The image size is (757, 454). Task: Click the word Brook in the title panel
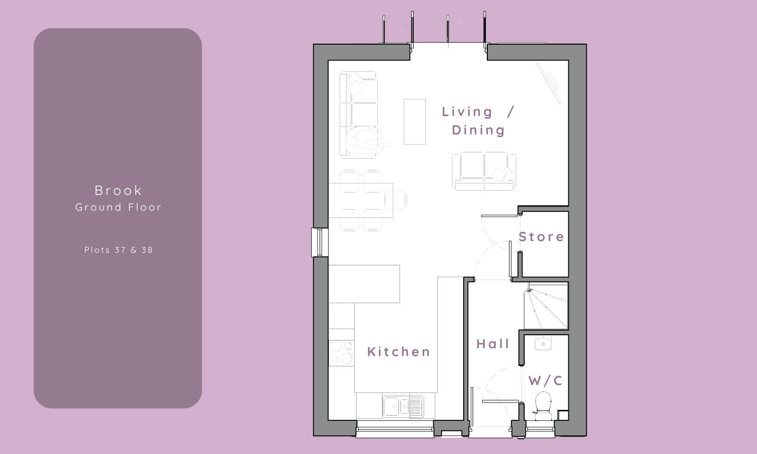pos(118,191)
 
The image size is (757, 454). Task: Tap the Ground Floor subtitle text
pos(118,207)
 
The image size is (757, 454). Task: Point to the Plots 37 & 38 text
pos(118,250)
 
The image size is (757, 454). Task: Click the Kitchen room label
pos(399,352)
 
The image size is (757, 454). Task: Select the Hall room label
pos(493,344)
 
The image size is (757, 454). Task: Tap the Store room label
pos(541,237)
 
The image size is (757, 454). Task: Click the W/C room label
pos(546,380)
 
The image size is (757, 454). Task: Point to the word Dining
pos(478,130)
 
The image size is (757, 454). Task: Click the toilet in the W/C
pos(543,405)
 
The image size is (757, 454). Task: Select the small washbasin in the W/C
pos(543,343)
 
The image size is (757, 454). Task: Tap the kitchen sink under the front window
pos(403,406)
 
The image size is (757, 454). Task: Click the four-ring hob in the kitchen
pos(341,353)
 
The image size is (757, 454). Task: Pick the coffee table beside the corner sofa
pos(415,122)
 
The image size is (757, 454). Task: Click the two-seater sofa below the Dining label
pos(484,171)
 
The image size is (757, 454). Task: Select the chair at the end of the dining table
pos(396,200)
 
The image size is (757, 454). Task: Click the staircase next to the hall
pos(546,306)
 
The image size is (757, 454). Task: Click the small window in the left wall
pos(320,242)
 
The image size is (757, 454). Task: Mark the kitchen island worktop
pos(364,284)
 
